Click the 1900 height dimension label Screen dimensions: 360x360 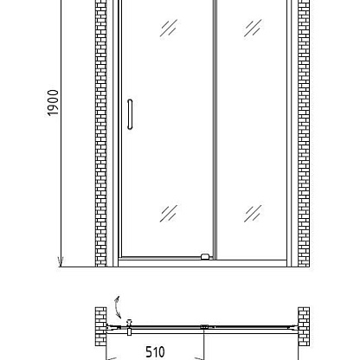click(x=53, y=103)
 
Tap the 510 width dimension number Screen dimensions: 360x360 click(x=155, y=352)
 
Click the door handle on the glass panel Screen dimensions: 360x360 click(x=130, y=114)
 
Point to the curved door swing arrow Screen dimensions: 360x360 click(x=117, y=307)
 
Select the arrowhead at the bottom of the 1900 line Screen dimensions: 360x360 click(x=61, y=261)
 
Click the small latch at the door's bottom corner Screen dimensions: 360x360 click(x=205, y=256)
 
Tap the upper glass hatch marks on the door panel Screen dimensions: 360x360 click(x=169, y=28)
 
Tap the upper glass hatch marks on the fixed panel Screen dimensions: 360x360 click(x=253, y=28)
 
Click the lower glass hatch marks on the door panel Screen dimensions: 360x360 click(x=169, y=214)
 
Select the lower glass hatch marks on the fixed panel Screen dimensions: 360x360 click(x=253, y=214)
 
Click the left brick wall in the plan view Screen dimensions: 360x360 click(x=101, y=326)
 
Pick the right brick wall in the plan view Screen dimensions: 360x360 click(x=304, y=326)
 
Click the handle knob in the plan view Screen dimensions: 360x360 click(x=130, y=327)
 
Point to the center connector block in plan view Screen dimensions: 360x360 click(x=204, y=327)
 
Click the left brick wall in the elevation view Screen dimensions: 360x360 click(x=101, y=133)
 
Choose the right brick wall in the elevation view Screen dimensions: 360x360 click(x=304, y=133)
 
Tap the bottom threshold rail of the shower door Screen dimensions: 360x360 click(x=202, y=263)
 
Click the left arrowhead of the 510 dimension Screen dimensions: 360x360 click(x=112, y=359)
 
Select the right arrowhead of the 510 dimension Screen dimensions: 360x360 click(x=200, y=359)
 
